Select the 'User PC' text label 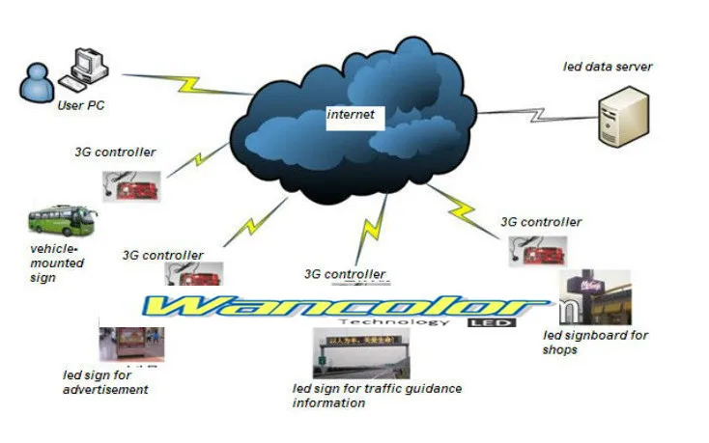[x=82, y=106]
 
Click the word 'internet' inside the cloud [x=350, y=115]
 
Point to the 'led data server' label [x=608, y=67]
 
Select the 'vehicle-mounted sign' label [x=57, y=263]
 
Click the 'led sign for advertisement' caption [x=105, y=382]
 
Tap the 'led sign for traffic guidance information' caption [x=377, y=396]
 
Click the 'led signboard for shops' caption [x=595, y=342]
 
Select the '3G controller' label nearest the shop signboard [x=541, y=222]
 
